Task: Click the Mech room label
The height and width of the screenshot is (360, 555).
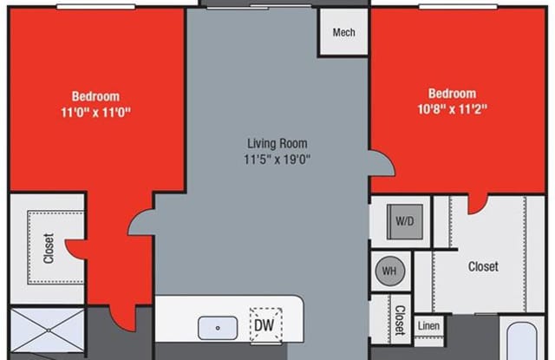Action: click(x=343, y=33)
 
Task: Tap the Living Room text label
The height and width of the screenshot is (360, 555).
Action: click(x=277, y=143)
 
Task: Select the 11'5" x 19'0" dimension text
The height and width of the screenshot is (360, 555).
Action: click(x=277, y=159)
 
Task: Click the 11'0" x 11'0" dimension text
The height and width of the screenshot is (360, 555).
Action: click(x=95, y=112)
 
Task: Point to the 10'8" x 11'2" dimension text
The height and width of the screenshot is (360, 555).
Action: click(x=452, y=109)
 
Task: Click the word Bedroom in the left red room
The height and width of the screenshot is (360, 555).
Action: click(x=95, y=96)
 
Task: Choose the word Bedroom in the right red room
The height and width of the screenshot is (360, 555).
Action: click(x=452, y=94)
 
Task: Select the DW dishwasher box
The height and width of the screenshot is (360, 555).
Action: click(x=264, y=324)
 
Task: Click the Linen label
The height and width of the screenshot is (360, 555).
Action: click(x=428, y=325)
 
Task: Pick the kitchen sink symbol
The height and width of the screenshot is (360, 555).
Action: click(x=218, y=327)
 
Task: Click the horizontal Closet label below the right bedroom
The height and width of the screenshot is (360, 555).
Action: click(x=483, y=267)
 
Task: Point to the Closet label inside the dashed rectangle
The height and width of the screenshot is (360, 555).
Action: click(x=48, y=246)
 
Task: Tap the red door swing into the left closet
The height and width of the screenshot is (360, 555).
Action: click(x=77, y=248)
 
